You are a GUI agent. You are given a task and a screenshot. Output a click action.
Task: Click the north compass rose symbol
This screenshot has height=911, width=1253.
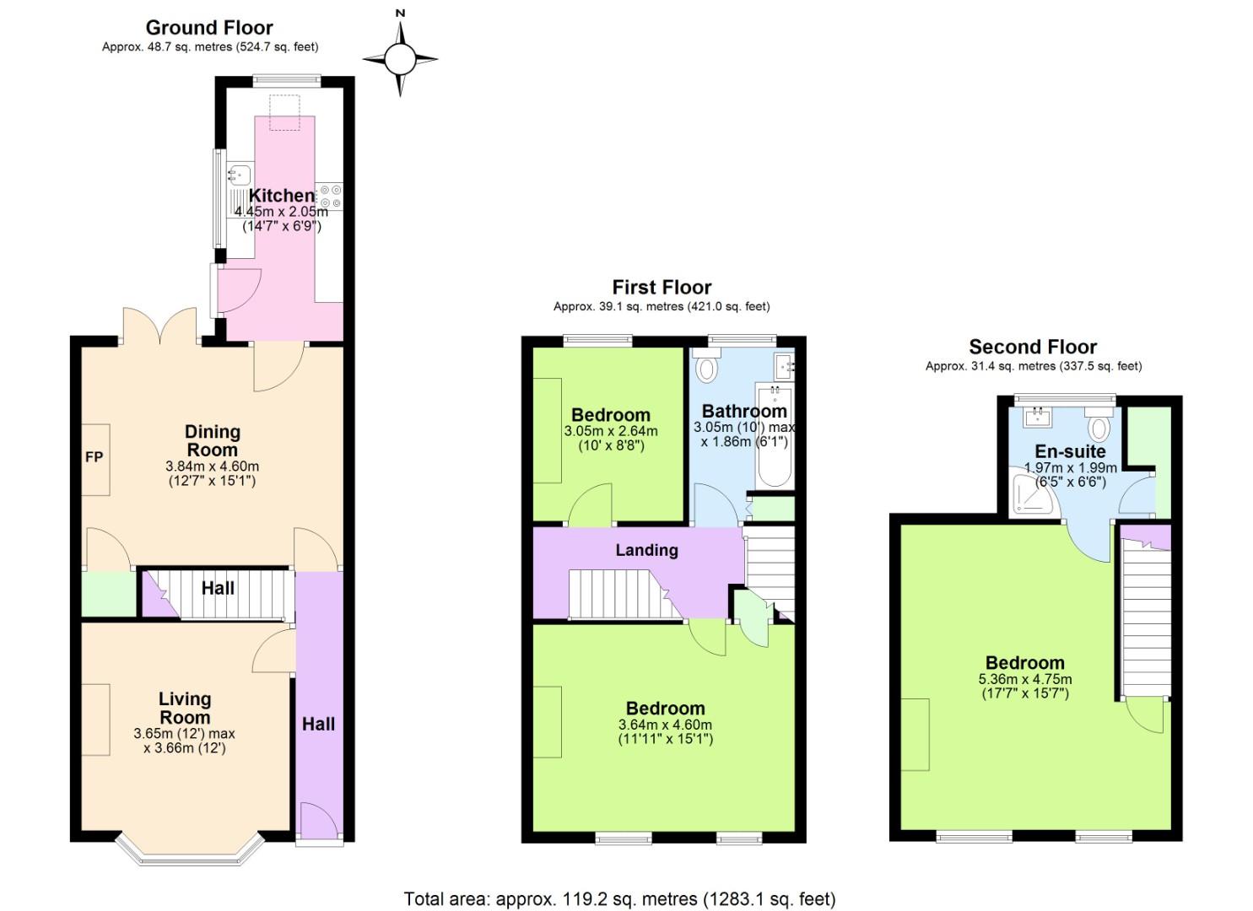(x=401, y=58)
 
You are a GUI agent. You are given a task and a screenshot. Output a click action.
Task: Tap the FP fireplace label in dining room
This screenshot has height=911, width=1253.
(x=94, y=457)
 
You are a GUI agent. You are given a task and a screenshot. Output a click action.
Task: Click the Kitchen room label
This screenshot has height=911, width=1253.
(x=281, y=196)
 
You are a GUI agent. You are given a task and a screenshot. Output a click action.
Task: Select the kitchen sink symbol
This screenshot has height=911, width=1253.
(x=239, y=175)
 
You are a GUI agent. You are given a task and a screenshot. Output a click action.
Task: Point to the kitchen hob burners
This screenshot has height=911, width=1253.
(x=330, y=196)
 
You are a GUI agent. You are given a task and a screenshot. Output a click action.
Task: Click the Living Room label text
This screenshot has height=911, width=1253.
(x=185, y=709)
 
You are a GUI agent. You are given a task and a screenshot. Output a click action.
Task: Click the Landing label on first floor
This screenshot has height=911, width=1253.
(x=646, y=550)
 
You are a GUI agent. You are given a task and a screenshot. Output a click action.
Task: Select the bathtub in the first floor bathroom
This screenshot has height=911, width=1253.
(x=774, y=437)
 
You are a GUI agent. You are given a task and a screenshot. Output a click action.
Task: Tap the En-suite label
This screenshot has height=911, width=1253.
(x=1070, y=451)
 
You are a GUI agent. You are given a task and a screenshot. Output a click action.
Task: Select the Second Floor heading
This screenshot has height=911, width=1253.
(x=1033, y=347)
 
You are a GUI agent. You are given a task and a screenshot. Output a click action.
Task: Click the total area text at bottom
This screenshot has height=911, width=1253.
(x=619, y=899)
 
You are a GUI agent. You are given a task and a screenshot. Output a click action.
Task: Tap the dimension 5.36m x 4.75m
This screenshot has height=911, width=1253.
(x=1025, y=679)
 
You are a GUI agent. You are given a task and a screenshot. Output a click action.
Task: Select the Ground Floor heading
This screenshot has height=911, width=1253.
(x=209, y=28)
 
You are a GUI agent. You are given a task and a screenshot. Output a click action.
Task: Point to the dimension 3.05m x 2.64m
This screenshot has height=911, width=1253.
(x=610, y=431)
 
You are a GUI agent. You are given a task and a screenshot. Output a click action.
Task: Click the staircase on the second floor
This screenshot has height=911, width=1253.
(x=1145, y=620)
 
